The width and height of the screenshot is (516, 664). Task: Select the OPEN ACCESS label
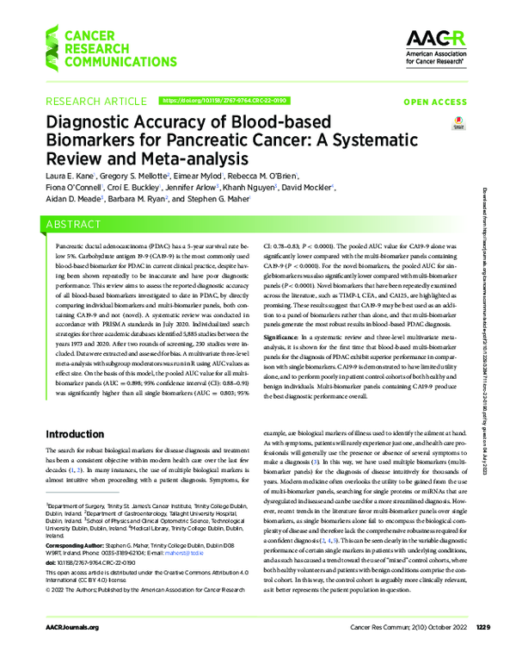point(435,102)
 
